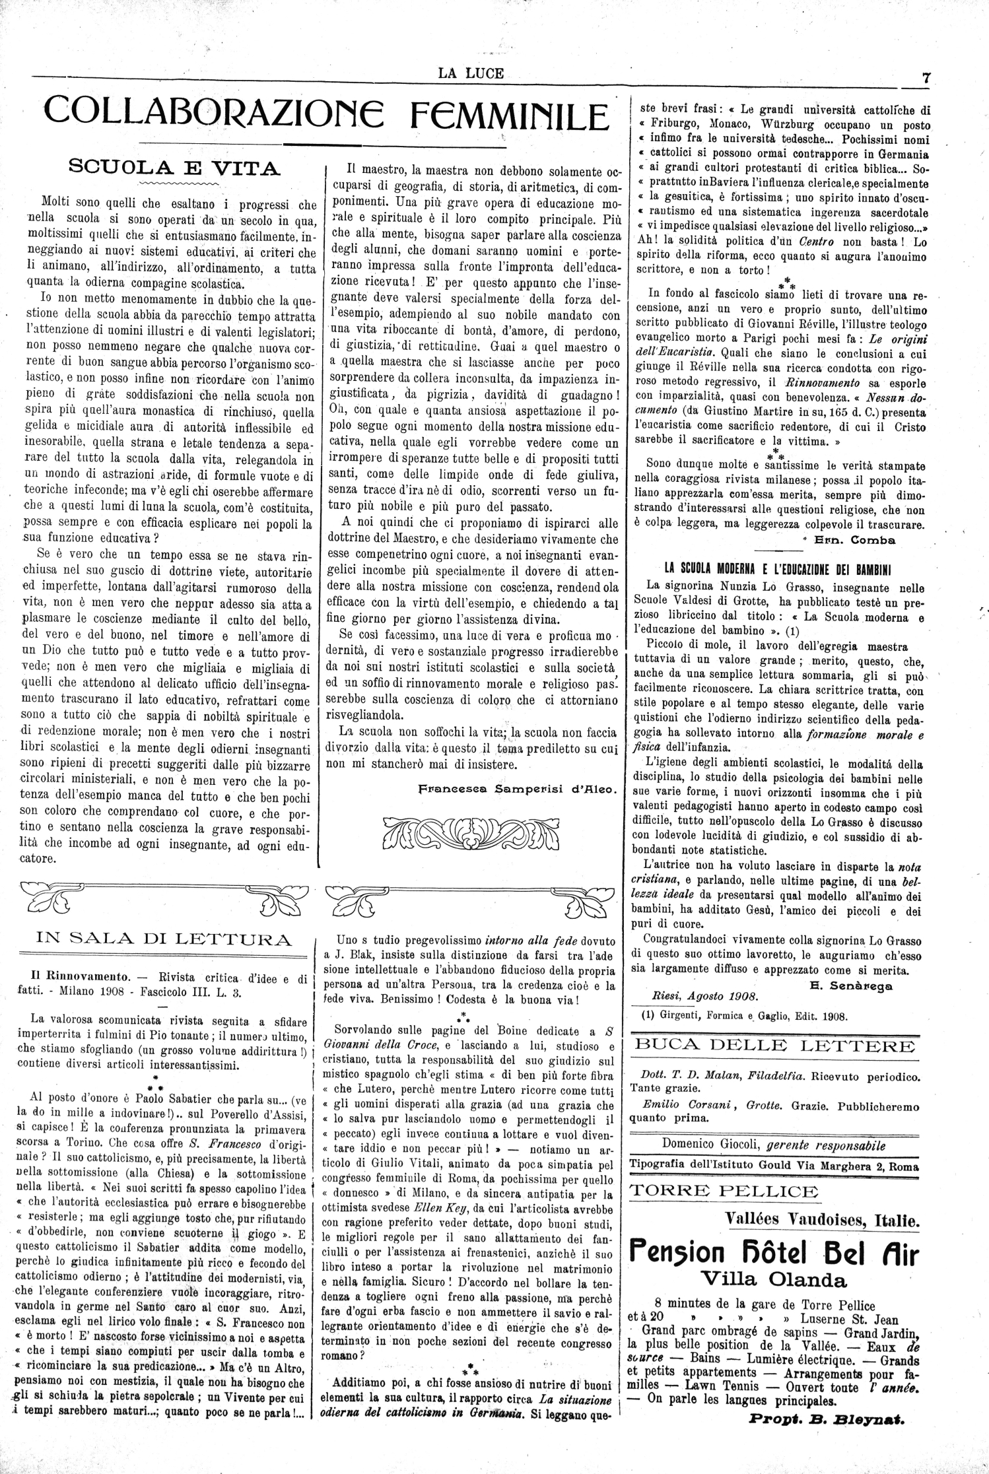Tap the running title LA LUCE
pos(471,73)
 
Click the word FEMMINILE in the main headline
pos(508,116)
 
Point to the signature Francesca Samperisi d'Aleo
pos(518,788)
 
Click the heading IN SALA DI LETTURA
pos(156,939)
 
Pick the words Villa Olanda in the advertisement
pos(774,1279)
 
